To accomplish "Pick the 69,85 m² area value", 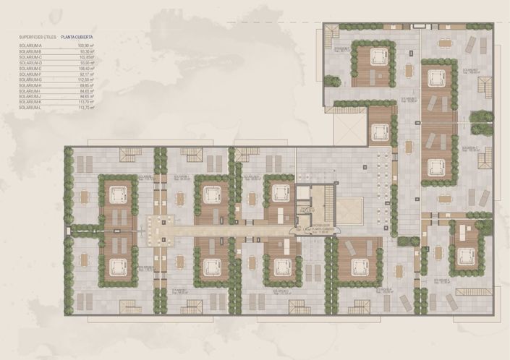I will pos(88,85).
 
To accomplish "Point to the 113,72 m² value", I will pos(87,107).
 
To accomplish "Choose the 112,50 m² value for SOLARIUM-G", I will pos(87,79).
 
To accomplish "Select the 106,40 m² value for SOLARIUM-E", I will pos(87,68).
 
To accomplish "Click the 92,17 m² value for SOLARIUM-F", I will pos(88,74).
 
